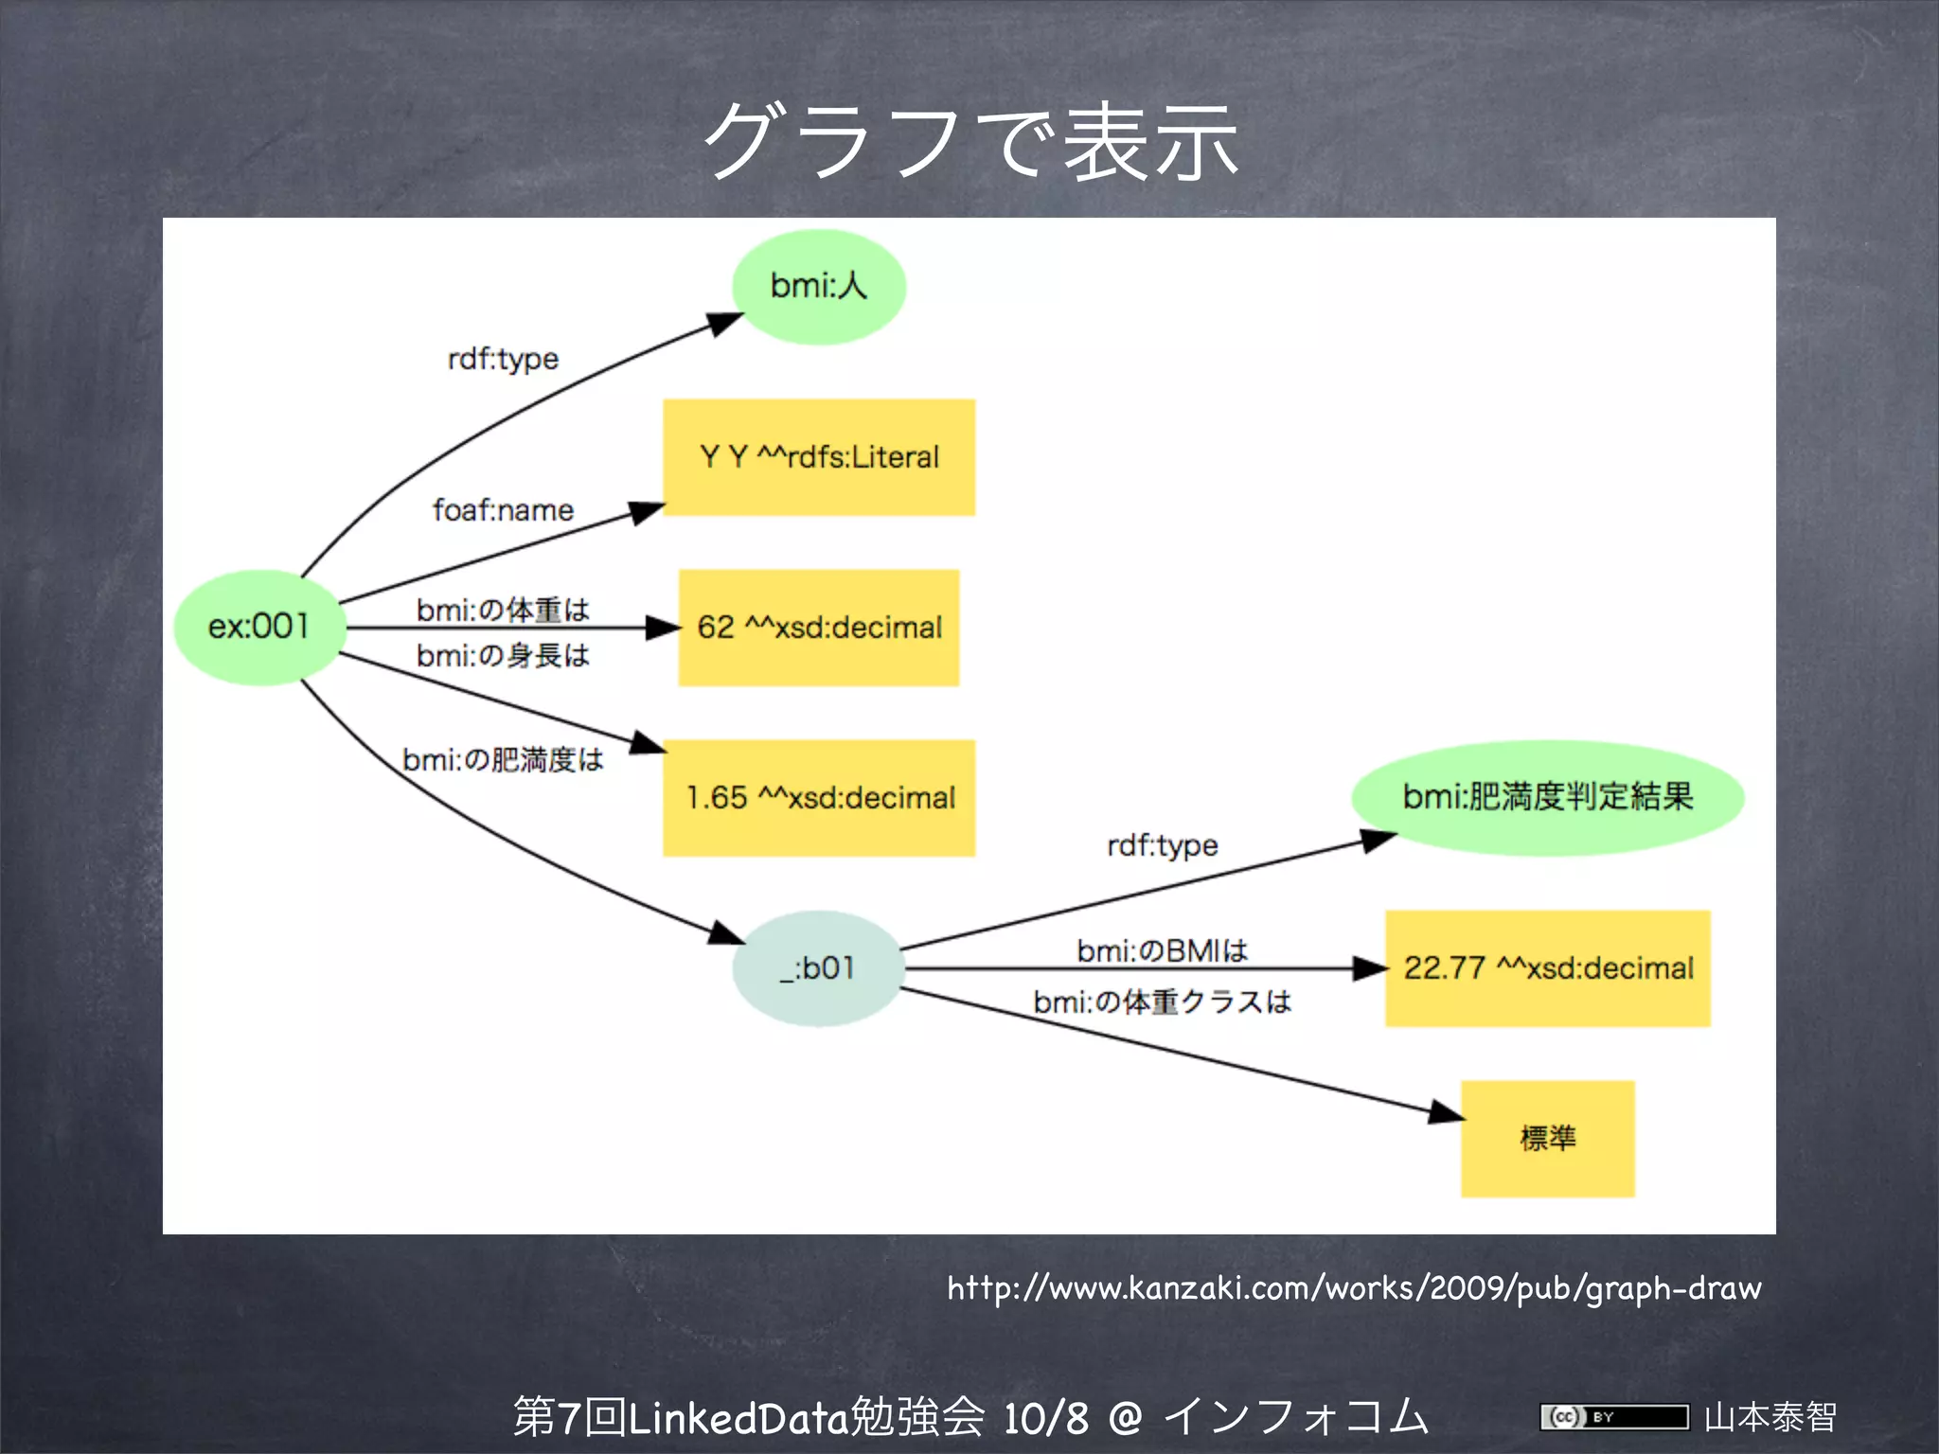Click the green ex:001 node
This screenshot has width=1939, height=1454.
[x=259, y=627]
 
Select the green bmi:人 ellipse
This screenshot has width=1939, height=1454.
[x=819, y=286]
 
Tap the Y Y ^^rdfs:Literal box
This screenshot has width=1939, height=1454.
[x=819, y=457]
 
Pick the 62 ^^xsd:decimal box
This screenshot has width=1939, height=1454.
[x=819, y=627]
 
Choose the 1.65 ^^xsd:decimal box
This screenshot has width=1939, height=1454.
[x=819, y=798]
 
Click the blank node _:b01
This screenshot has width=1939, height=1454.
[x=818, y=968]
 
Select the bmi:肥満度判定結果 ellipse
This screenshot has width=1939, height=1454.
[x=1547, y=797]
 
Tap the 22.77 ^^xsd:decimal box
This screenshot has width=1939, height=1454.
[x=1548, y=968]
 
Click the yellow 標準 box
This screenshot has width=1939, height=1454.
[x=1548, y=1138]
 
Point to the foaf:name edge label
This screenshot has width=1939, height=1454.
[x=503, y=510]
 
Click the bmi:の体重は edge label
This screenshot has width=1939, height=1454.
[x=503, y=610]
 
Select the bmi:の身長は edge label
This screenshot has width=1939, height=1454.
[x=503, y=655]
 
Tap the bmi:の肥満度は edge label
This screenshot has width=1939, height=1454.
[x=503, y=759]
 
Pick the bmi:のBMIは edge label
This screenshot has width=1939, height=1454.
[x=1162, y=950]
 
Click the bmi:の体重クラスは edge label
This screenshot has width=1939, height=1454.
[x=1162, y=1002]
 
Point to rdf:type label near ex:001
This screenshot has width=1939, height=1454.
[x=503, y=359]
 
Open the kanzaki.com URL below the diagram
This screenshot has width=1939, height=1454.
[x=1354, y=1288]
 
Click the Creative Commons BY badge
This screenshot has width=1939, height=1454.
[x=1613, y=1417]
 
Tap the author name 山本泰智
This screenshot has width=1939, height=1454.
[x=1770, y=1417]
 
